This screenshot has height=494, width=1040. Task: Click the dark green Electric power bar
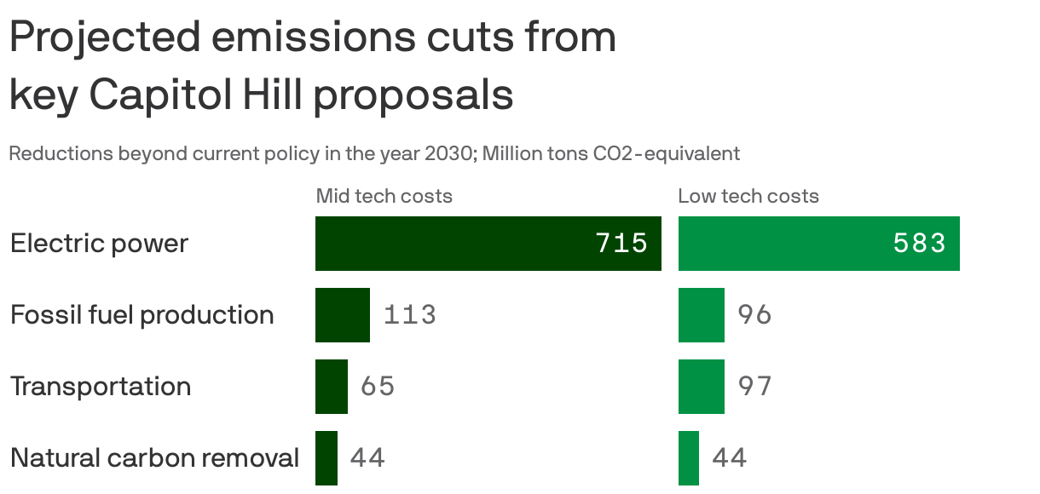pos(452,244)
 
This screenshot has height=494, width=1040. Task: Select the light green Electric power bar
pos(784,244)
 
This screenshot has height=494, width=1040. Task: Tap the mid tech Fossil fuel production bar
pos(343,315)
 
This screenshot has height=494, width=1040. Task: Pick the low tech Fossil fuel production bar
pos(702,315)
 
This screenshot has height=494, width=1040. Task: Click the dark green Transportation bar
pos(332,387)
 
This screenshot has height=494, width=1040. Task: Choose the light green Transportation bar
pos(702,387)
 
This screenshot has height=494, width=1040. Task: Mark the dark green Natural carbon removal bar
pos(326,458)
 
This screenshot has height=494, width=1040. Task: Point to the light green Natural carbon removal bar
pos(689,458)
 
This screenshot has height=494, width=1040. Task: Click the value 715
pos(621,244)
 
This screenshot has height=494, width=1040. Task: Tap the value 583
pos(920,244)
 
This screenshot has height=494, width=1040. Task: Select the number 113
pos(410,315)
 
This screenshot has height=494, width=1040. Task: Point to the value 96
pos(754,315)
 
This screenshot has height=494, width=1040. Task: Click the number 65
pos(378,387)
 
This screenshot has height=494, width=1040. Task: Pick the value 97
pos(754,387)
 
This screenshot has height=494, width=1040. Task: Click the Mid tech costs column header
pos(384,196)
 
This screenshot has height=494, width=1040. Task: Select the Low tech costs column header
pos(748,196)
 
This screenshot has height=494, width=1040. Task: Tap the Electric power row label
pos(99,244)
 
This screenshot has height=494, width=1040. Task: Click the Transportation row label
pos(101,387)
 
